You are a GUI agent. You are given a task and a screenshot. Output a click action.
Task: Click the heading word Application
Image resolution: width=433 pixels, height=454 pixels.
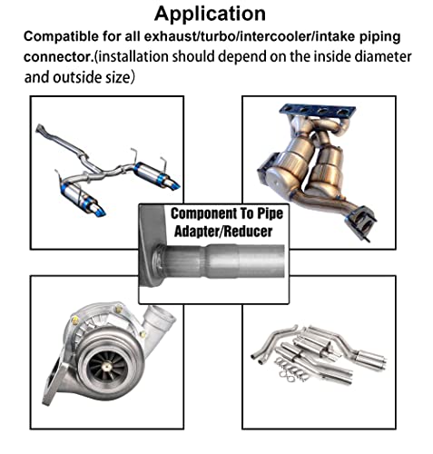(210, 14)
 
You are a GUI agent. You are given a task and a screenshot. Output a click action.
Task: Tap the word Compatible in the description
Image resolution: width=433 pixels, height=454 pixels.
(63, 37)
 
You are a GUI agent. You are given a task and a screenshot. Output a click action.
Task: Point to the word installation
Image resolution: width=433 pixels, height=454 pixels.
(143, 57)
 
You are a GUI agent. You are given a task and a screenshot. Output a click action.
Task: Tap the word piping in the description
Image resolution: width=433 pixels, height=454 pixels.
(383, 37)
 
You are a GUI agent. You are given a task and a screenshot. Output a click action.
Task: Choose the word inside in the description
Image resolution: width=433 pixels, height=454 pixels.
(320, 57)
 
